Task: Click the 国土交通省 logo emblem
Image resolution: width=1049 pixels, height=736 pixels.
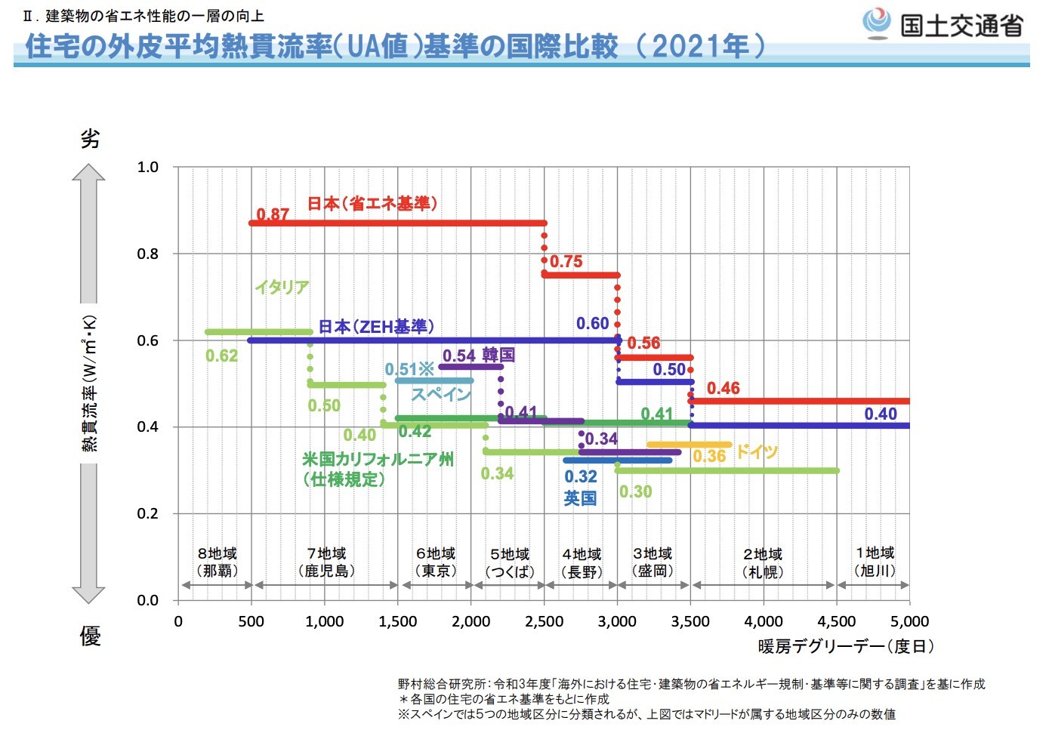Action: (x=877, y=23)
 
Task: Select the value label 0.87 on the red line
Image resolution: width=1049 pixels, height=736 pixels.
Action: (x=273, y=214)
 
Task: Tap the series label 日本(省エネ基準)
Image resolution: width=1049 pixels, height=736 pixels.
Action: (x=372, y=203)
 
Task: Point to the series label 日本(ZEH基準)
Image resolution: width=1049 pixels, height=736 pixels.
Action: (x=375, y=326)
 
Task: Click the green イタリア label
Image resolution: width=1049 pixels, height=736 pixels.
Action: (x=282, y=287)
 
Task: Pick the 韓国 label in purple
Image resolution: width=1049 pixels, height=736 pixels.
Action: (x=498, y=355)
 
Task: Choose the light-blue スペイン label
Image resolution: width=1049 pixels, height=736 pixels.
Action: (x=440, y=394)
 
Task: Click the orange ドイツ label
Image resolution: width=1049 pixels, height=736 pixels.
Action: (x=757, y=451)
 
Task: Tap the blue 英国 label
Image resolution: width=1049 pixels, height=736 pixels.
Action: (x=580, y=498)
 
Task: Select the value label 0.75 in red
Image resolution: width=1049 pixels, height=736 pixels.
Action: (x=566, y=261)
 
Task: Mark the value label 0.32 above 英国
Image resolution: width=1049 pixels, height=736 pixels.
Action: (x=580, y=476)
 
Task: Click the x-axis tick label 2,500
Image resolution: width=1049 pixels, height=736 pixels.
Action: (x=544, y=621)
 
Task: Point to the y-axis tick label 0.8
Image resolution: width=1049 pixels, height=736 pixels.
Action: (x=148, y=254)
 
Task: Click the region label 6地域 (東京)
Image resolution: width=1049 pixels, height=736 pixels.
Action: (x=436, y=562)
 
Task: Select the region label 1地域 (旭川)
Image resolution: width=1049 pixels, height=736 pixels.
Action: (x=875, y=562)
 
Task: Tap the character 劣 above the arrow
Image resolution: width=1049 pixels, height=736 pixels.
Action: (x=90, y=138)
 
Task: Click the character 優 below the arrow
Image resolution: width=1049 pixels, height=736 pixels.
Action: (x=90, y=636)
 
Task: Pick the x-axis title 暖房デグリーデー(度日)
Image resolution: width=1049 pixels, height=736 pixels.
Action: (x=847, y=646)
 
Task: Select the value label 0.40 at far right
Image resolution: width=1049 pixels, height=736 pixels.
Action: (x=880, y=414)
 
